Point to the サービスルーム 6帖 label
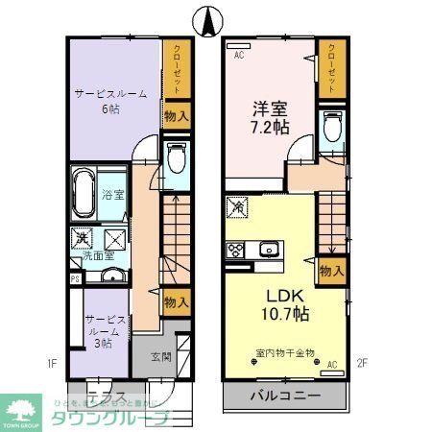(110, 102)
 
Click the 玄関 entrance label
(160, 358)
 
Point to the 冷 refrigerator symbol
(238, 204)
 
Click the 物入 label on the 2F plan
(331, 272)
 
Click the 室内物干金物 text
(284, 354)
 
